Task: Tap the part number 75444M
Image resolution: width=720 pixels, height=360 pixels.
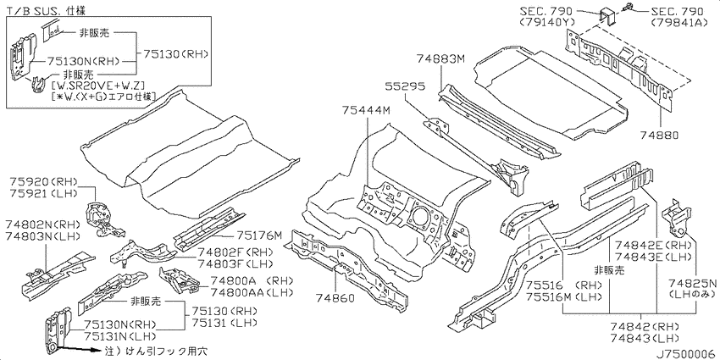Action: click(366, 111)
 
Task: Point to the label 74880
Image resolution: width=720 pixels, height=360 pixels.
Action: click(659, 136)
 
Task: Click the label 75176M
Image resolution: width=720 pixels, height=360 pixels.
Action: click(259, 236)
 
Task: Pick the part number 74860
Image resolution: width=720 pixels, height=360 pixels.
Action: click(335, 298)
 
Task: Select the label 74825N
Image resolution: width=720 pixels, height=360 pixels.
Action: click(692, 283)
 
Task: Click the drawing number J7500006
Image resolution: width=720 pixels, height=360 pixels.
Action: click(685, 354)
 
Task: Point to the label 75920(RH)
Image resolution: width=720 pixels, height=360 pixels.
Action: click(43, 182)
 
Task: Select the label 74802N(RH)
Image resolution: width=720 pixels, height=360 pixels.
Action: click(43, 225)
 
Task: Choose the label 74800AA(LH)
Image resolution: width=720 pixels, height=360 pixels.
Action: click(252, 292)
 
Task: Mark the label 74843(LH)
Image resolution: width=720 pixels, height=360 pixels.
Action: click(645, 339)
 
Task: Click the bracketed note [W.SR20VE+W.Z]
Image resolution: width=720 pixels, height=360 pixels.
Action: click(99, 85)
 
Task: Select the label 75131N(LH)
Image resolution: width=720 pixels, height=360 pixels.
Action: click(119, 335)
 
